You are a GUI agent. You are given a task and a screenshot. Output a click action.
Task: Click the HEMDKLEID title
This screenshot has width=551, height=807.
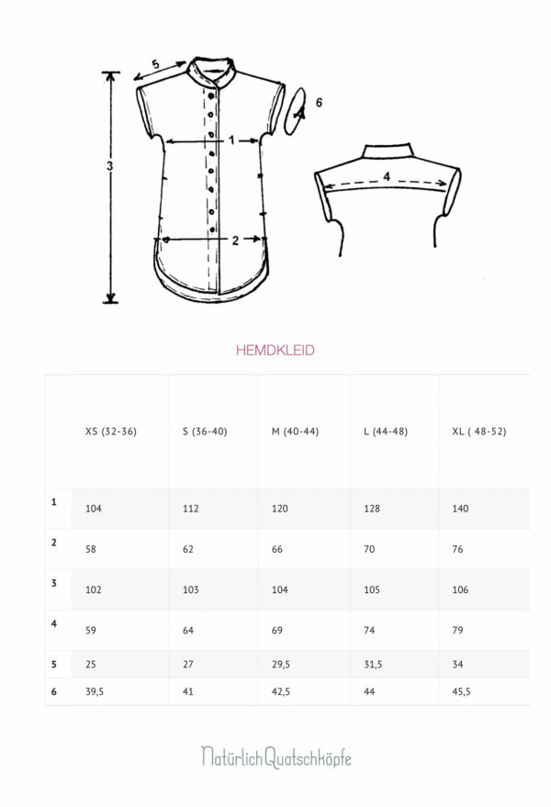tap(275, 351)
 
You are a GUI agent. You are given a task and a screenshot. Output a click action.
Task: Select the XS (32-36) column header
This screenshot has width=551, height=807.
tap(111, 432)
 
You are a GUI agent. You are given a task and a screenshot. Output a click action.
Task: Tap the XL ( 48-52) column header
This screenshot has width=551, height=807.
tap(478, 432)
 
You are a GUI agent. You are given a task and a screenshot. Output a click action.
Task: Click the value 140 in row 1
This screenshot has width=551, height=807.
tap(460, 509)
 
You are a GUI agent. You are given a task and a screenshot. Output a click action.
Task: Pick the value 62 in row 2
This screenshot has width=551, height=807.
tap(188, 549)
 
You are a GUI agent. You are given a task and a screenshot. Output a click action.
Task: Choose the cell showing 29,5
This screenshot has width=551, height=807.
tap(281, 665)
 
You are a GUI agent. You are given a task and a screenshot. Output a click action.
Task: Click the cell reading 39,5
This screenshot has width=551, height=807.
tap(95, 691)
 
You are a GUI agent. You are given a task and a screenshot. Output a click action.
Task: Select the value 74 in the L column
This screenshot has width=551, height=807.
tap(369, 630)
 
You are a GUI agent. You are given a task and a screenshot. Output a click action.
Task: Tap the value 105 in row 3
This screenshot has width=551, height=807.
tap(371, 589)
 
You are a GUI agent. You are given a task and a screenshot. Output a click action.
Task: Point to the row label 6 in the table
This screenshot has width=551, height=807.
tap(53, 691)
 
